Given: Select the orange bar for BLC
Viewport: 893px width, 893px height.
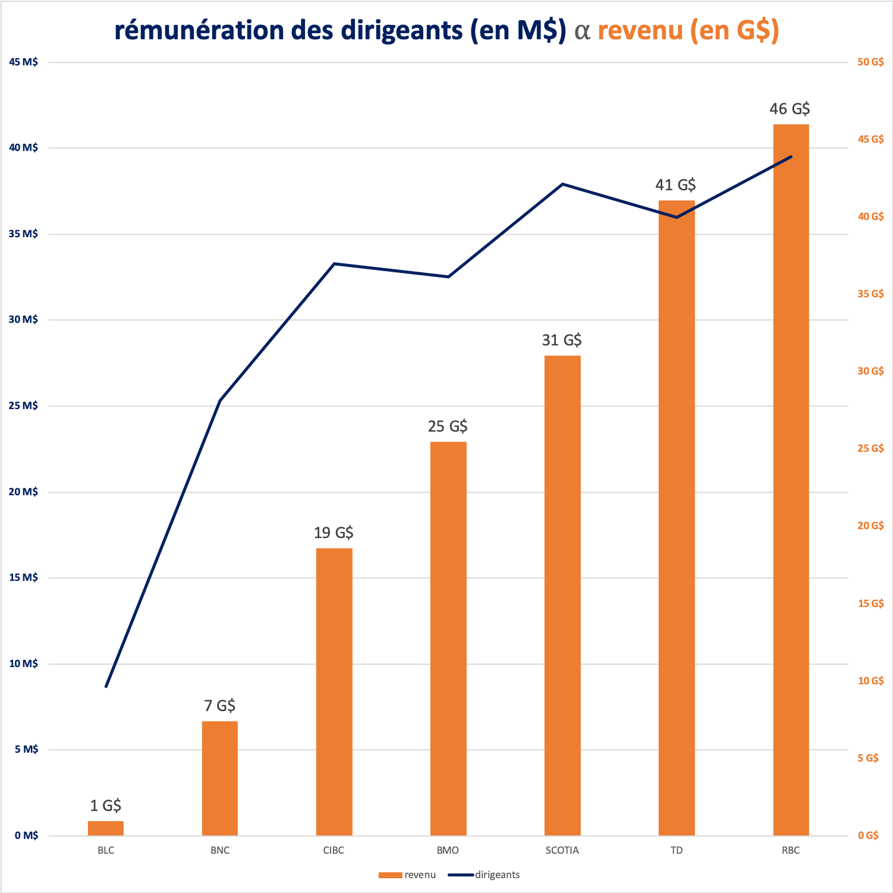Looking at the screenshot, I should pyautogui.click(x=106, y=828).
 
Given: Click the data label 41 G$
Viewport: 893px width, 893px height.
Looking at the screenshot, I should pyautogui.click(x=675, y=185).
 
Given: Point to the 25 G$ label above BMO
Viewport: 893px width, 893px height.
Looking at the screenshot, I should pyautogui.click(x=448, y=426).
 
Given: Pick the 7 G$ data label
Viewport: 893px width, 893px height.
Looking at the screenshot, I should pyautogui.click(x=219, y=706).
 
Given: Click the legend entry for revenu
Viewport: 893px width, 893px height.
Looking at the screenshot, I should pyautogui.click(x=407, y=875).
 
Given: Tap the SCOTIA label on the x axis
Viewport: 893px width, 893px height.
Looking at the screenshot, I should pyautogui.click(x=562, y=850).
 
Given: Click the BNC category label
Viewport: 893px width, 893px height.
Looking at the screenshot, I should pyautogui.click(x=219, y=850).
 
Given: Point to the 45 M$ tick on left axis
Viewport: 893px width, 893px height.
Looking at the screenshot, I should pyautogui.click(x=23, y=62).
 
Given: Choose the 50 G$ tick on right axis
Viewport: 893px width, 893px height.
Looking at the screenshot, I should pyautogui.click(x=870, y=62).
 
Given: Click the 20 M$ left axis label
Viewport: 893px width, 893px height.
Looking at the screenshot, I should pyautogui.click(x=23, y=492).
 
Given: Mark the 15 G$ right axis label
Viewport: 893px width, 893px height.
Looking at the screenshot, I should pyautogui.click(x=870, y=603).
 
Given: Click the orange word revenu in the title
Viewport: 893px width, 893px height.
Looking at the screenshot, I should pyautogui.click(x=640, y=30).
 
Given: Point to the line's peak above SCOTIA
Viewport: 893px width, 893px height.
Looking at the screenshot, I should pyautogui.click(x=562, y=184).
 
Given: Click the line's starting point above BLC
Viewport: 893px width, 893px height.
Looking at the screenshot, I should pyautogui.click(x=106, y=686).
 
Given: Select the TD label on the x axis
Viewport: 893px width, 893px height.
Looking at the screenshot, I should pyautogui.click(x=677, y=850).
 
